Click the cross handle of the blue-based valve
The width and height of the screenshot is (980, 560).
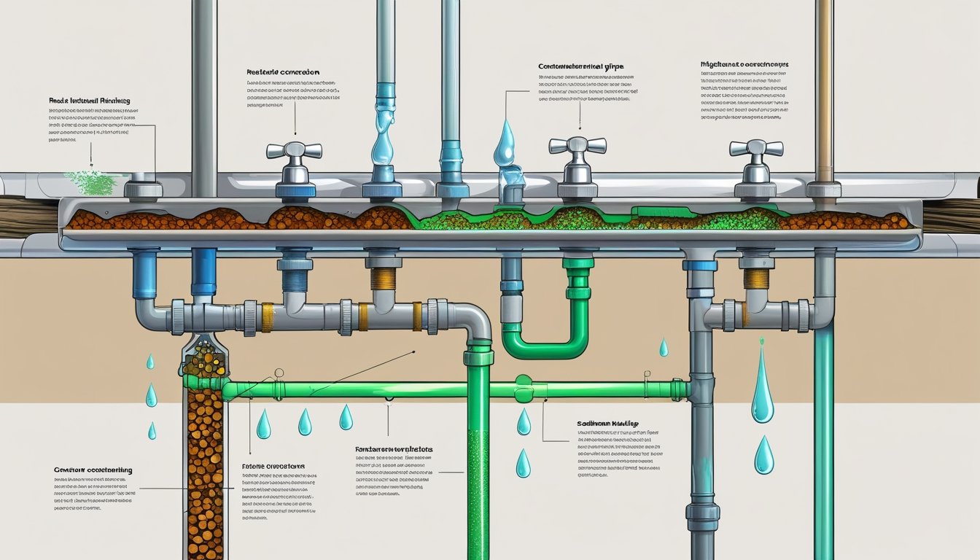click(294, 150)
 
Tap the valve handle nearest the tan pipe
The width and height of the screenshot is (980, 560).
click(756, 147)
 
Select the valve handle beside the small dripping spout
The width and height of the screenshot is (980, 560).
click(577, 144)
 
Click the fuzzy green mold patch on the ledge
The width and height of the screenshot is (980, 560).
click(90, 183)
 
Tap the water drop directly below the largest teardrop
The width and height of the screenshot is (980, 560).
click(763, 455)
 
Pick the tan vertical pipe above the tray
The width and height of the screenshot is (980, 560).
click(824, 87)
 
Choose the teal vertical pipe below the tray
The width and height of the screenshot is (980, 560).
click(823, 437)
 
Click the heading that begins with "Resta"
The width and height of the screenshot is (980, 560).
click(283, 73)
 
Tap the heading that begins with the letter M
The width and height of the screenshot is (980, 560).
click(743, 65)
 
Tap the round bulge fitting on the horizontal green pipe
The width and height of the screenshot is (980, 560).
click(523, 389)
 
